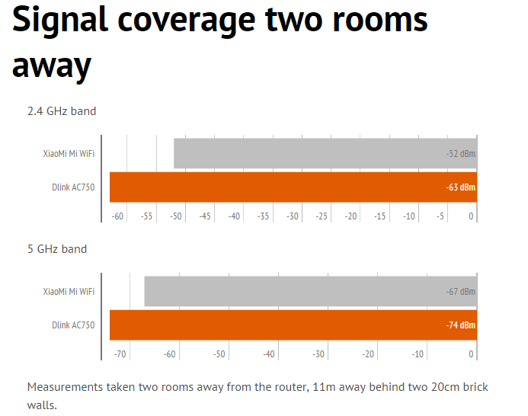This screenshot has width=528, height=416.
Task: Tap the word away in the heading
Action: click(52, 66)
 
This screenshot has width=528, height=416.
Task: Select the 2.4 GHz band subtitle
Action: click(62, 111)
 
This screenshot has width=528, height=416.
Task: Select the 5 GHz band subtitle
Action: click(57, 249)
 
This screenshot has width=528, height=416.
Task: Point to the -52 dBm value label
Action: click(460, 154)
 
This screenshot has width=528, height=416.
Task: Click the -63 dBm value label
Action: click(460, 187)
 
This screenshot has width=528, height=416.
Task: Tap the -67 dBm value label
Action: click(460, 292)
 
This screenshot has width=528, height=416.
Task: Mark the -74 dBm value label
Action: click(460, 325)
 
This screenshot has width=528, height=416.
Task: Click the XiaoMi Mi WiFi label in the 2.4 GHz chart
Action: click(69, 154)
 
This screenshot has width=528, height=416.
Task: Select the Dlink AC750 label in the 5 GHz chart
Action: click(73, 325)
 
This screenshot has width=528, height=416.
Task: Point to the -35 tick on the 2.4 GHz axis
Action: click(263, 216)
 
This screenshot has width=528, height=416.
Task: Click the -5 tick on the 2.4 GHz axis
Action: click(440, 216)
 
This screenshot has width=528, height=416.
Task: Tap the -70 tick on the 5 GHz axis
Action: click(120, 354)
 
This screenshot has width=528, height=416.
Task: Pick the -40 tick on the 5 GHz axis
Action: click(269, 354)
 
